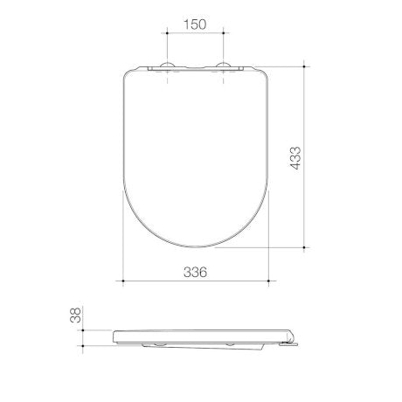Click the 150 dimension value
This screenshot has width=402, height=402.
tap(194, 24)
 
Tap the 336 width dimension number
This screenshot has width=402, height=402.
tap(194, 272)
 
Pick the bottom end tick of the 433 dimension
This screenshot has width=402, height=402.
tap(305, 247)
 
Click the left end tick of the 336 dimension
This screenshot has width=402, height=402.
tap(122, 281)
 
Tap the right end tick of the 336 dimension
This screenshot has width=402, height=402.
tap(266, 281)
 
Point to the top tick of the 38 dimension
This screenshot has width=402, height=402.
tap(84, 329)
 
